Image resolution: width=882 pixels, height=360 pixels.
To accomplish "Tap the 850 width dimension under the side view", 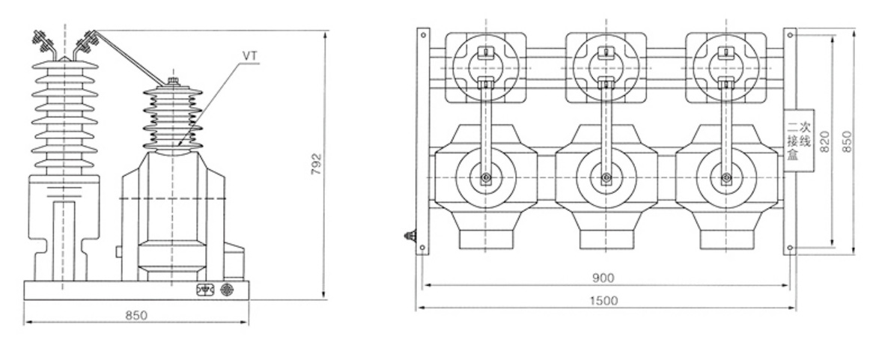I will tap(136, 315).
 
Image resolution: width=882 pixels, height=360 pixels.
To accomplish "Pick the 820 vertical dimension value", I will tap(824, 140).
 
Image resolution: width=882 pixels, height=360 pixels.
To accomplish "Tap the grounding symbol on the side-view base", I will tap(203, 290).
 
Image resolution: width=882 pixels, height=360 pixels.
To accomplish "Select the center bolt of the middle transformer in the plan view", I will tap(606, 178).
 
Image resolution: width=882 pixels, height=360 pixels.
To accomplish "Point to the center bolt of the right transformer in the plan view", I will tap(726, 178).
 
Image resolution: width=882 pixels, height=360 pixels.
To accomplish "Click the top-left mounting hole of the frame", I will tap(423, 34).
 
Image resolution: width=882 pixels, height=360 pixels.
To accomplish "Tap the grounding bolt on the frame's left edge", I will tap(410, 236).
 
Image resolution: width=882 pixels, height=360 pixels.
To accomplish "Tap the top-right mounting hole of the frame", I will tap(790, 34).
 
